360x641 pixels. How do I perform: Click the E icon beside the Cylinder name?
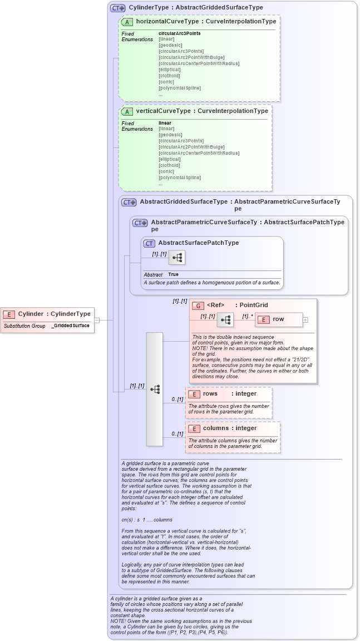10,314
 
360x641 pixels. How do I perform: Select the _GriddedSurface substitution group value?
71,326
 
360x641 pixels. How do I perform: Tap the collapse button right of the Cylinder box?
97,320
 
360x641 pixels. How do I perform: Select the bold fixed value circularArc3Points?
179,33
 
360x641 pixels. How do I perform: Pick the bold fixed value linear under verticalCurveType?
165,123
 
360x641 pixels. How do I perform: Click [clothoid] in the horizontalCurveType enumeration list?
170,76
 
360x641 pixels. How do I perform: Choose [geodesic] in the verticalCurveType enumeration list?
170,135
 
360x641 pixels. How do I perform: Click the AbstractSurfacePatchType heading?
198,243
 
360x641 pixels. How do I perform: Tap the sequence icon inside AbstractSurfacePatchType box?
177,258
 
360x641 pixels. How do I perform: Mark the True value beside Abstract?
174,274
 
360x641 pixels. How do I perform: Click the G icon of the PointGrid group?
198,305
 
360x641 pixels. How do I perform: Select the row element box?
278,319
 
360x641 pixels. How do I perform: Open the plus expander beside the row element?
305,320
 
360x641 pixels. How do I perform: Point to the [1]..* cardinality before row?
247,316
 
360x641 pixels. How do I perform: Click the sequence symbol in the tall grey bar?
155,389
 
